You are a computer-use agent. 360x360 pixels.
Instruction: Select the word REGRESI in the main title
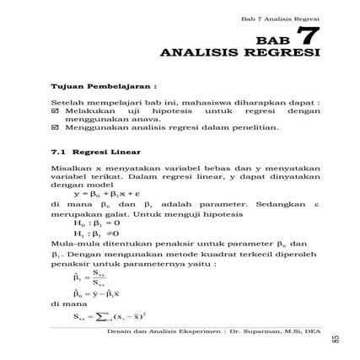tap(283, 54)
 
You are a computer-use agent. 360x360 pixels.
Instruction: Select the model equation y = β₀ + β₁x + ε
tap(110, 193)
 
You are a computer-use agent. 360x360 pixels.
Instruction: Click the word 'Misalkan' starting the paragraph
tap(67, 168)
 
